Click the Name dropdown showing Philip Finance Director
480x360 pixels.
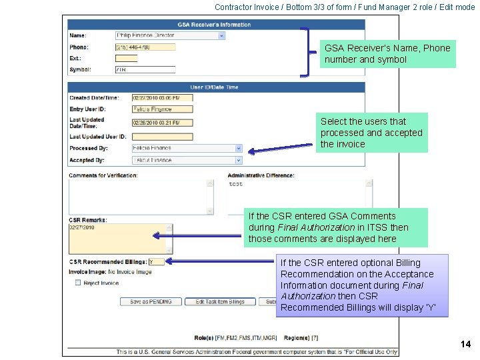click(170, 35)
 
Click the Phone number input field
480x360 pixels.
click(145, 47)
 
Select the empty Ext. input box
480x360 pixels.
click(126, 59)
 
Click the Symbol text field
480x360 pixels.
click(145, 69)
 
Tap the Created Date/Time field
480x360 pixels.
click(162, 98)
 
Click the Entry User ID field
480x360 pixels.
click(162, 109)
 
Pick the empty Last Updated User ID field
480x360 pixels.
click(162, 137)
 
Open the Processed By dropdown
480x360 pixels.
click(187, 148)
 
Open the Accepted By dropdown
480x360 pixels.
click(187, 160)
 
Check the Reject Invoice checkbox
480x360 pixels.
click(78, 283)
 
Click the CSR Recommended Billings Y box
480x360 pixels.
click(156, 262)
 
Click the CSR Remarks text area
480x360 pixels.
click(117, 238)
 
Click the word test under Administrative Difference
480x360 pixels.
click(236, 184)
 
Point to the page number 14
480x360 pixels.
click(465, 344)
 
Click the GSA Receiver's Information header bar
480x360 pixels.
click(216, 24)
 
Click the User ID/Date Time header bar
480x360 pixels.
click(216, 87)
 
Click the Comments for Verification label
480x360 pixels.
click(103, 175)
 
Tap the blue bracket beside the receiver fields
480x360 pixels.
click(307, 52)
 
